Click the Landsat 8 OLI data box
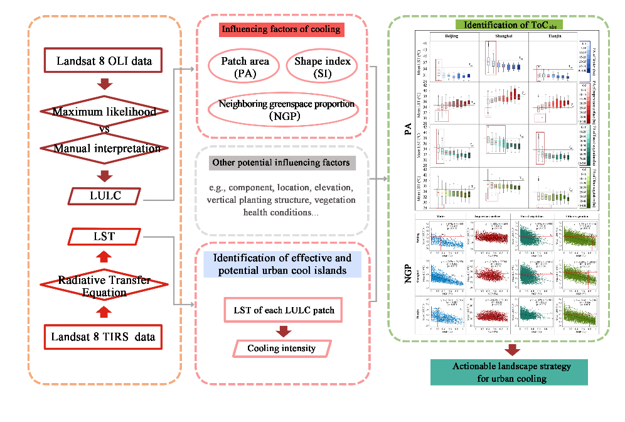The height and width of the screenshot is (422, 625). point(105,62)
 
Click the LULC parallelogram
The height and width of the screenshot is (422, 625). point(105,196)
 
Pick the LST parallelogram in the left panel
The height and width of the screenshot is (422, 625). point(105,237)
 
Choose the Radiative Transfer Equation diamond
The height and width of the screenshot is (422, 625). point(105,286)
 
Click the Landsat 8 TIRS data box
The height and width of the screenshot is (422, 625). point(105,337)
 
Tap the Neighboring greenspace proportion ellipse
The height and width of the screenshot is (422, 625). point(282,110)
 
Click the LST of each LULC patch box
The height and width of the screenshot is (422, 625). point(280,311)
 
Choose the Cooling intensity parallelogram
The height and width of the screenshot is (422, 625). point(280,348)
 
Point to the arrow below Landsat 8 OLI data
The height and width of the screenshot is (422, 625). point(105,84)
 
